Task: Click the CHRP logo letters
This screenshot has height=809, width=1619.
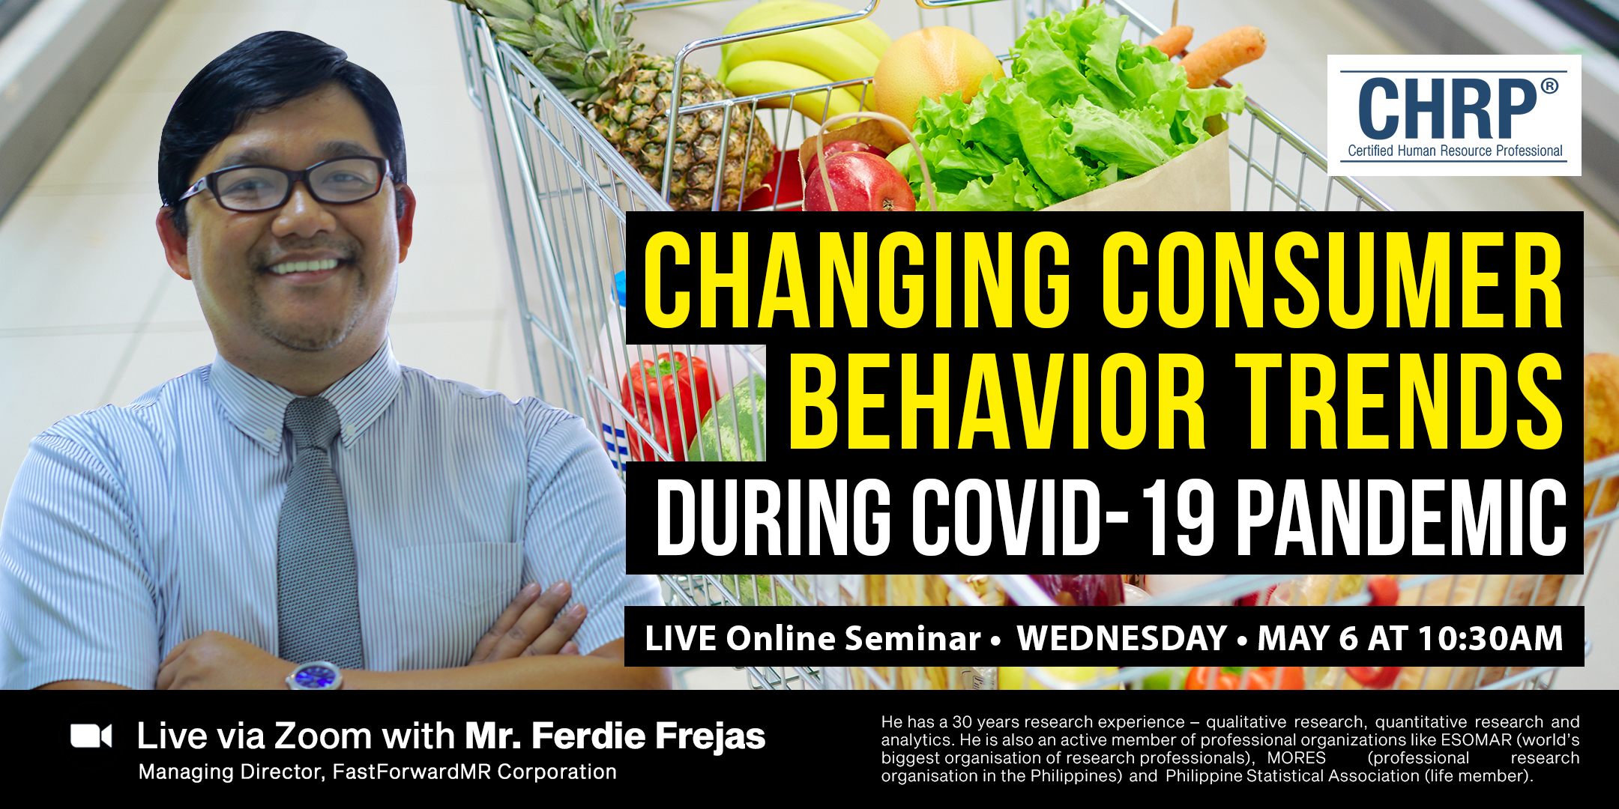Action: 1447,109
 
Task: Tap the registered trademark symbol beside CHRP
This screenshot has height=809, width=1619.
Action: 1549,86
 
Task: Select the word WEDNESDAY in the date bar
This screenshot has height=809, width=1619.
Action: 1121,638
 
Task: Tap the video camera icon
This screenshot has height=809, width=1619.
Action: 91,736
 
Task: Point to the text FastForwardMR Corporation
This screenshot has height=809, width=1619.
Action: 474,772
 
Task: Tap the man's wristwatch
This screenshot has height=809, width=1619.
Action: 315,676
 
